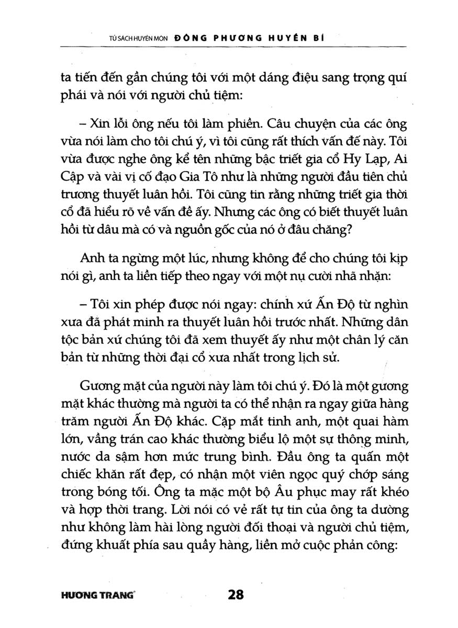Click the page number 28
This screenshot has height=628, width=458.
click(x=237, y=595)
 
